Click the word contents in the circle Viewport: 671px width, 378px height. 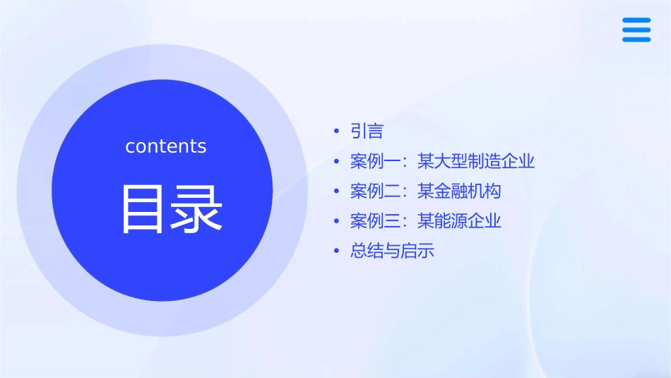coord(166,146)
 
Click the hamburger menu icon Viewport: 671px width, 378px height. coord(636,30)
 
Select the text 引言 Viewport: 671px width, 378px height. coord(367,131)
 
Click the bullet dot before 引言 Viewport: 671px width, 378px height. coord(337,131)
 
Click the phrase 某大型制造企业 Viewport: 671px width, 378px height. coord(476,162)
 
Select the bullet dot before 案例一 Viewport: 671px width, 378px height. coord(337,162)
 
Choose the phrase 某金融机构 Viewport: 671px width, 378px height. coord(459,191)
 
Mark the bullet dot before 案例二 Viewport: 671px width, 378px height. coord(337,191)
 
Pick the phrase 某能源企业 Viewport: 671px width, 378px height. coord(459,221)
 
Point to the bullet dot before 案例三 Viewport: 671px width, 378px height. coord(337,221)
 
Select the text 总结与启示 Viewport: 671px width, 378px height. coord(392,252)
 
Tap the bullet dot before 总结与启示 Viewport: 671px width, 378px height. coord(337,252)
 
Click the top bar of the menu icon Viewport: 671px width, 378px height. coord(636,20)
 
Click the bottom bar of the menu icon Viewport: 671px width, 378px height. coord(636,40)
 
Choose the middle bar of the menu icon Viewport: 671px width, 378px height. coord(636,30)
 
